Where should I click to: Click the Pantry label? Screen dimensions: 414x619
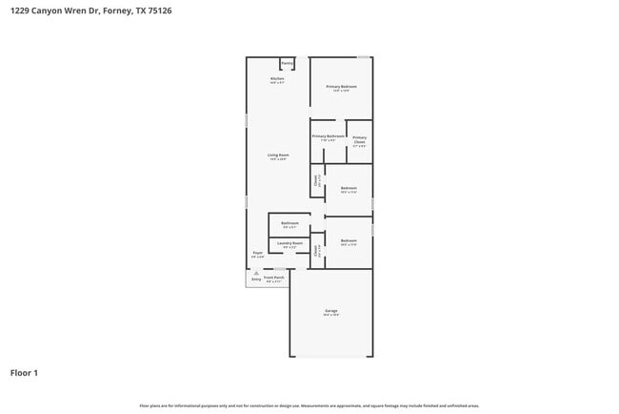(287, 64)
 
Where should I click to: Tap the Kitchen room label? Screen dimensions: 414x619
(277, 79)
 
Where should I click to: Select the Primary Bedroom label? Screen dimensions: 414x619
(341, 87)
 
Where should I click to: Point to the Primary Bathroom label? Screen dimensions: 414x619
(328, 136)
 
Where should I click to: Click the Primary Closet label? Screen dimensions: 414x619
(359, 140)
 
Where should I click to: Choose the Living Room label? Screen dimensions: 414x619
(277, 155)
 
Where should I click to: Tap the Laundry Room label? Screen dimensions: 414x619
(290, 243)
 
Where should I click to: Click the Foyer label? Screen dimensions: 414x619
(257, 253)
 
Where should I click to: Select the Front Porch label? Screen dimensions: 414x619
(275, 278)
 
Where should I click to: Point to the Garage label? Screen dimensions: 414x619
(330, 311)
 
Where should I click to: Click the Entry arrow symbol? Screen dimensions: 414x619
(255, 272)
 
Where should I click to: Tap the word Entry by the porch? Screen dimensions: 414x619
(255, 279)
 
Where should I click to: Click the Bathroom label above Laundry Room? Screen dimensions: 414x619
(290, 223)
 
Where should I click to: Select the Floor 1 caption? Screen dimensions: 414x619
(24, 372)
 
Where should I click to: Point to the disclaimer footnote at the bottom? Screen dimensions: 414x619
(309, 405)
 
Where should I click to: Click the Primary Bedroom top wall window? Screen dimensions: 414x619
(363, 57)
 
